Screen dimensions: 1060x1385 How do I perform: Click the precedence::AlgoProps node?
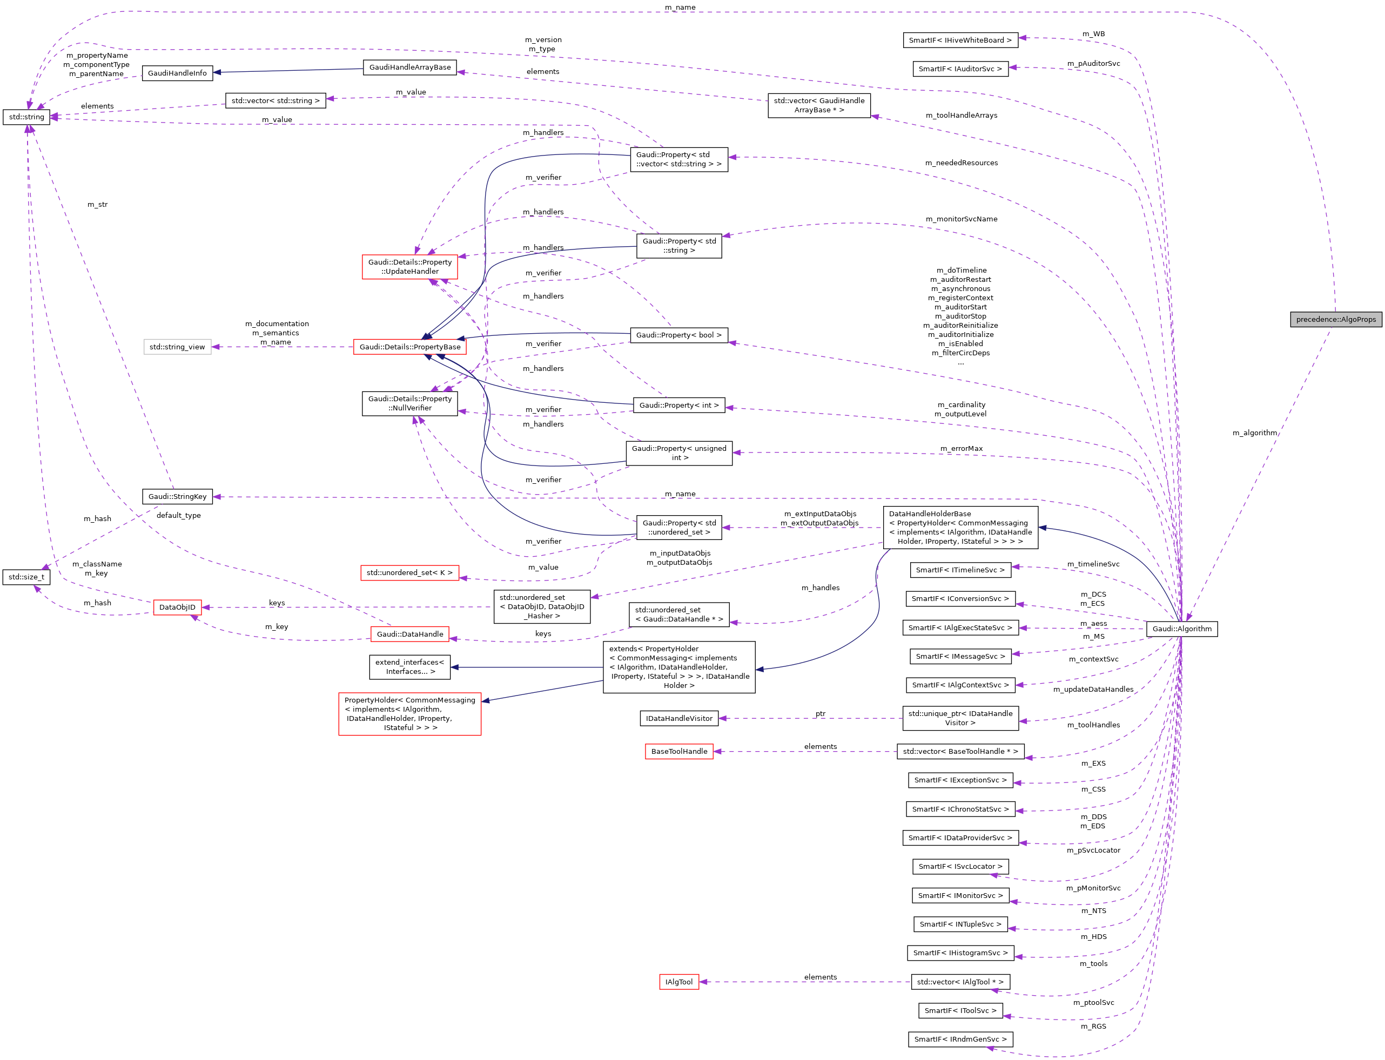(1335, 319)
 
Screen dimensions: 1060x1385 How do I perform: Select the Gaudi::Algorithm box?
(1181, 629)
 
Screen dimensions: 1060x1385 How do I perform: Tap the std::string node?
(26, 117)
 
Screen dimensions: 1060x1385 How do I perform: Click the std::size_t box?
(26, 577)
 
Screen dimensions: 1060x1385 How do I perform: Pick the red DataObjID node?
(177, 607)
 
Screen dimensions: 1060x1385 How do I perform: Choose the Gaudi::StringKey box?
(177, 497)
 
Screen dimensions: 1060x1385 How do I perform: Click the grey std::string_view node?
(177, 347)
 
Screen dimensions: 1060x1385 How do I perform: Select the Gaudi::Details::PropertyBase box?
(409, 347)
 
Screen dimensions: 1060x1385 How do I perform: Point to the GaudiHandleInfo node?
(177, 73)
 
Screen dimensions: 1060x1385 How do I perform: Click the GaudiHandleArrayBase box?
(409, 67)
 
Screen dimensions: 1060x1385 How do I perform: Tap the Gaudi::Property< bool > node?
(678, 335)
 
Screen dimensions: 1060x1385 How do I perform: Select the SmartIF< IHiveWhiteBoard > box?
(960, 40)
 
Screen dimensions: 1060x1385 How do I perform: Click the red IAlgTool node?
(679, 982)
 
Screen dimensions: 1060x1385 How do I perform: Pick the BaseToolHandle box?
(679, 752)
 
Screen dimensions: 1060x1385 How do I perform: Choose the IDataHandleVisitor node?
(679, 718)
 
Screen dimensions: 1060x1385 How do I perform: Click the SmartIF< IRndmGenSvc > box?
(960, 1039)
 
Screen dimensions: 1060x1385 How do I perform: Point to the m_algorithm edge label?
(1254, 433)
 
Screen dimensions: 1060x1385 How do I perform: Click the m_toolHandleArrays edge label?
(961, 116)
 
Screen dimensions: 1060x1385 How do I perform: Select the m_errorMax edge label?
(961, 449)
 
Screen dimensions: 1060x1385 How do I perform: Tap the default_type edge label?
(179, 516)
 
